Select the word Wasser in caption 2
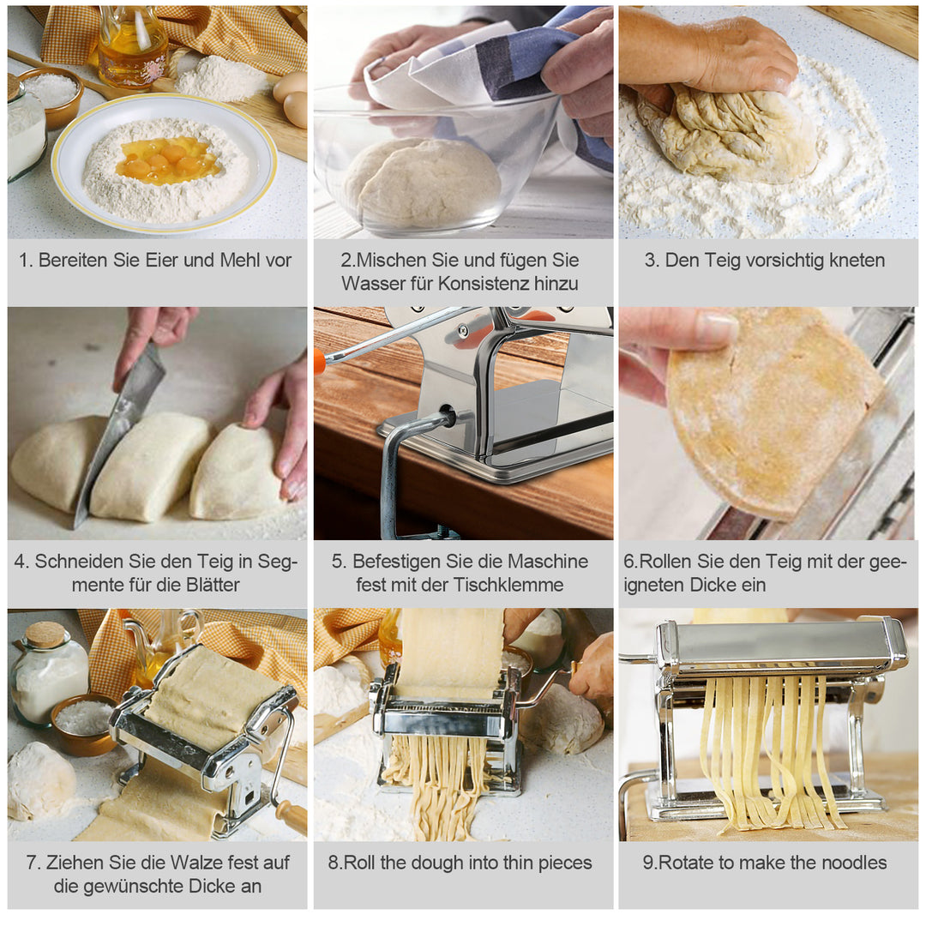tap(369, 284)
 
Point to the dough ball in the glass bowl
tap(422, 183)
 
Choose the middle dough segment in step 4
tap(151, 466)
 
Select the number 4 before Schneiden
tap(19, 562)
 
